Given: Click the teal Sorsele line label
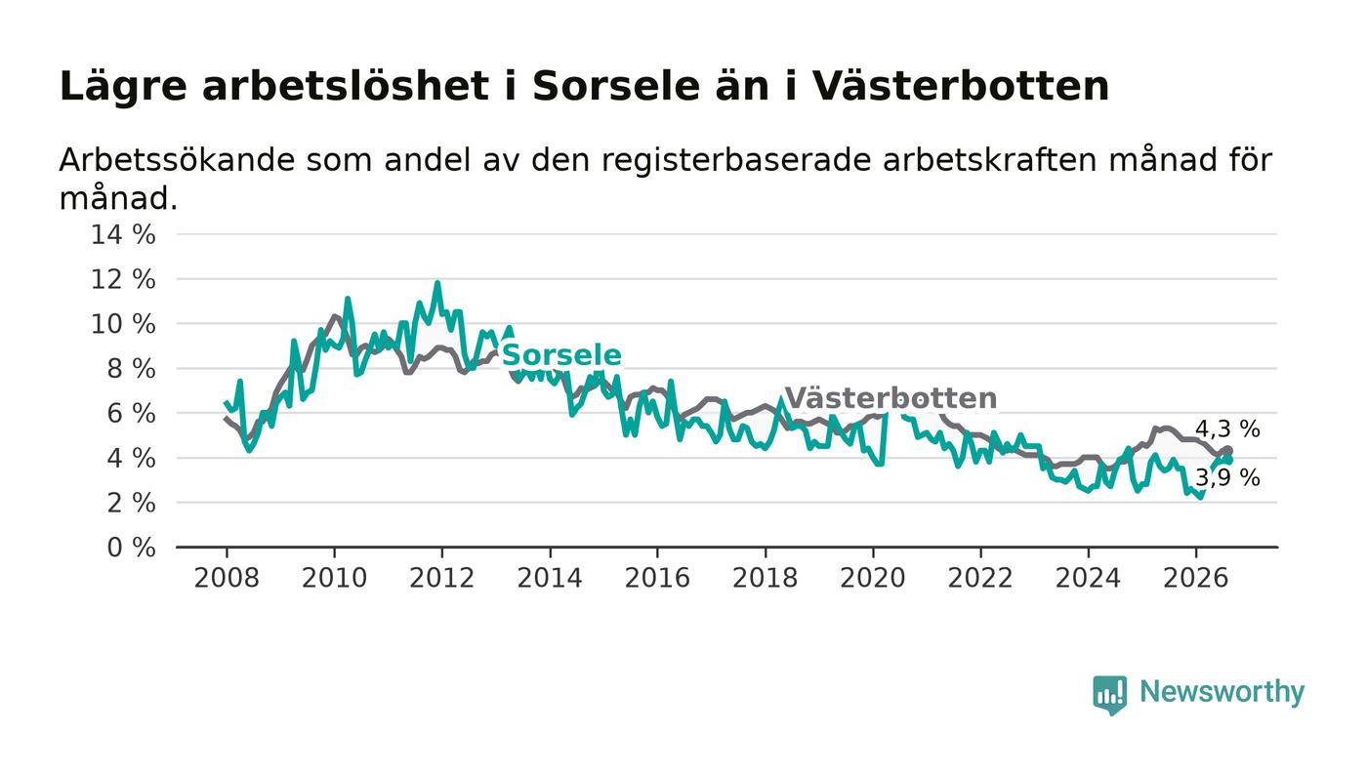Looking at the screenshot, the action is (x=561, y=355).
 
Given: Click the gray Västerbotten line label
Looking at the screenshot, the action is (x=891, y=398).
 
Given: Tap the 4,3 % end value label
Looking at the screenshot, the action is (x=1227, y=429).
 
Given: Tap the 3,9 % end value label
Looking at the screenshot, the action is (x=1227, y=478).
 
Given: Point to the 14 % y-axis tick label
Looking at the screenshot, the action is (x=123, y=235).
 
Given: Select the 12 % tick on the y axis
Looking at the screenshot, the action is (x=123, y=279).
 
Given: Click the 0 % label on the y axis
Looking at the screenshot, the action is (x=131, y=548).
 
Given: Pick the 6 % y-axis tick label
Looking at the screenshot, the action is (x=131, y=414).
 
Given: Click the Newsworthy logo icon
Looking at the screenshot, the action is (x=1109, y=695).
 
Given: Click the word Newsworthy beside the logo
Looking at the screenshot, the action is (x=1222, y=692).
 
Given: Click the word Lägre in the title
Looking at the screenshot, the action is (x=123, y=87).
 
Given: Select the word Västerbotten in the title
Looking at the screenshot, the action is (x=960, y=86).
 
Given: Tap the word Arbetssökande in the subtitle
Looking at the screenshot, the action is (x=177, y=160).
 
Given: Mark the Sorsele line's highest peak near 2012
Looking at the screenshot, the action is (x=437, y=282).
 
